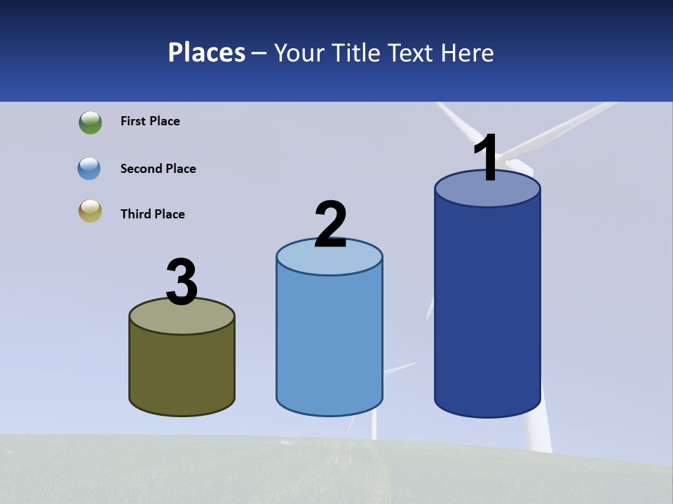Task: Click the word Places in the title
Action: tap(207, 52)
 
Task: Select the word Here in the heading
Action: tap(468, 52)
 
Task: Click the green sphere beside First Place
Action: tap(90, 122)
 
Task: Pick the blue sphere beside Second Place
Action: tap(89, 169)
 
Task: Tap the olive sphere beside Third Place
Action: tap(90, 211)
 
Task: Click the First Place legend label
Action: tap(150, 121)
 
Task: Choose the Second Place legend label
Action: tap(158, 169)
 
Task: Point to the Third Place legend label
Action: tap(152, 214)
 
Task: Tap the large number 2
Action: tap(330, 225)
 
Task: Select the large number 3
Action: tap(182, 282)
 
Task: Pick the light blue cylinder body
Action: tap(329, 336)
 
